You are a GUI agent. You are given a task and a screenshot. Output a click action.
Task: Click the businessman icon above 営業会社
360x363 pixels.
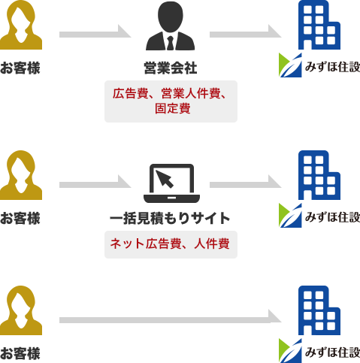pos(171,26)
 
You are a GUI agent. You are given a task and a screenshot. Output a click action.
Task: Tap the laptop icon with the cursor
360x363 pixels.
pos(171,183)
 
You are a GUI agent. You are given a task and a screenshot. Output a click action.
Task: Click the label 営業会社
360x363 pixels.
pos(171,68)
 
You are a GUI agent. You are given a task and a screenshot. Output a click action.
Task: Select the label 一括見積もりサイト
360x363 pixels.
pos(170,218)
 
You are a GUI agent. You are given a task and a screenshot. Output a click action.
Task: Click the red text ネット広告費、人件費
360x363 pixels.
pos(170,244)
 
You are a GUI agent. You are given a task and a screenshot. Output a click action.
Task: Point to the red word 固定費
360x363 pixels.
pos(173,108)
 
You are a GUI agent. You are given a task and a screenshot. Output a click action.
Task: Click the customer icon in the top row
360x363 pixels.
pos(21,25)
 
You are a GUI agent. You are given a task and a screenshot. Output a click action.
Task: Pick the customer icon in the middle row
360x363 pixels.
pos(21,175)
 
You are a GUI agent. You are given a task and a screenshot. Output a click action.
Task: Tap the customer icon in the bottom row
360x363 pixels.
pos(21,310)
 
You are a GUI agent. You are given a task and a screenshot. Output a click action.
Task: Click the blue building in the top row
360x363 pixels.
pos(319,25)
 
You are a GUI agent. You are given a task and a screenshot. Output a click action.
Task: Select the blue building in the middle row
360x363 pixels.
pos(319,175)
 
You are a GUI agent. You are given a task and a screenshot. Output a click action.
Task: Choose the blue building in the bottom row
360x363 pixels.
pos(319,310)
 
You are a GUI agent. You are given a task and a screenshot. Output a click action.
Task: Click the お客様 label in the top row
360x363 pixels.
pos(20,68)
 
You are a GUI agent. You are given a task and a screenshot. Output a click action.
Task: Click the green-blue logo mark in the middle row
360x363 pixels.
pos(290,216)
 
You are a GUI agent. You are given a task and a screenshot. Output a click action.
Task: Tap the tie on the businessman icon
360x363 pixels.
pos(171,43)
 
